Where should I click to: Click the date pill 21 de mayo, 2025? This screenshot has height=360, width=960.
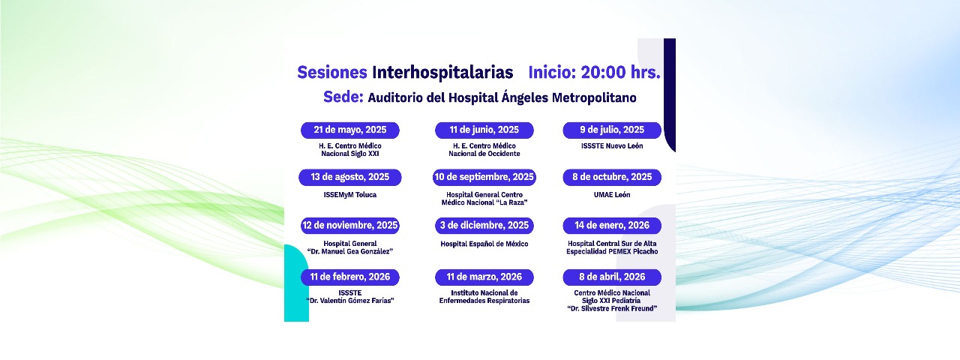(349, 130)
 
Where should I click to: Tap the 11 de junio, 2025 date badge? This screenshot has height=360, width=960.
(484, 130)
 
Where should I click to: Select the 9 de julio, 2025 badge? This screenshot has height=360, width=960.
(612, 130)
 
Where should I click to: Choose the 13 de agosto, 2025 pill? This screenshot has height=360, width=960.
(349, 178)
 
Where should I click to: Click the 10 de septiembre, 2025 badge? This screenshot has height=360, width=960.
(484, 178)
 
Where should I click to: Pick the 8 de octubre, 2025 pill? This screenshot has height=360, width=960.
(612, 178)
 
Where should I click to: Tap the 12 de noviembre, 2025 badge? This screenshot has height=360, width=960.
(349, 226)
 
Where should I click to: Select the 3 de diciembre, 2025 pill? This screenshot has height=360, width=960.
(484, 226)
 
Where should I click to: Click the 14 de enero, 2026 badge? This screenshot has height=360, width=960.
(612, 226)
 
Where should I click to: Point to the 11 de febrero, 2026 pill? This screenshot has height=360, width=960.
(349, 277)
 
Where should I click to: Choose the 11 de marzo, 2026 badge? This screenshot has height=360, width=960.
(484, 277)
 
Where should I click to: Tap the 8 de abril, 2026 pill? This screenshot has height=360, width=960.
(612, 277)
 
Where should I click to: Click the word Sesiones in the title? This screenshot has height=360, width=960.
(332, 73)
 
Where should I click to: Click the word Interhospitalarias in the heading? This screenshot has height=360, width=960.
(442, 73)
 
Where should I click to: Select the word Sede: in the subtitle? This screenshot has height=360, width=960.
(343, 97)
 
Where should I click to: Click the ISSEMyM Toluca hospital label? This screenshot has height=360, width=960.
(349, 195)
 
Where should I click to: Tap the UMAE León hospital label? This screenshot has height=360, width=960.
(612, 195)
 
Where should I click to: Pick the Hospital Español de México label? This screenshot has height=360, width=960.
(484, 244)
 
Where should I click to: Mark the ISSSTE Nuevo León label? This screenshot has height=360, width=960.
(612, 146)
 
